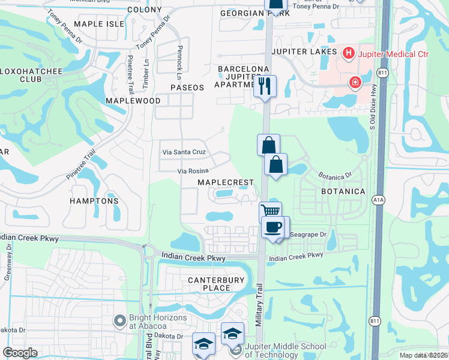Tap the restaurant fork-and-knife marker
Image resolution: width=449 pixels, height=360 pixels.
point(265,86)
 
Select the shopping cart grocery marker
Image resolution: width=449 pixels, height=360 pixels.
point(271,212)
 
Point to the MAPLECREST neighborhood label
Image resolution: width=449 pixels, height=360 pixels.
point(227,182)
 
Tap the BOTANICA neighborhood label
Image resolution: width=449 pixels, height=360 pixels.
point(343,191)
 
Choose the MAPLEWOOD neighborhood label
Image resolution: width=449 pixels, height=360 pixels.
point(133,101)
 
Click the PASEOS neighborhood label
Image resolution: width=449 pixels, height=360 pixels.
point(187,88)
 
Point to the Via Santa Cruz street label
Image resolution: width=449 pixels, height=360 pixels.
point(184,152)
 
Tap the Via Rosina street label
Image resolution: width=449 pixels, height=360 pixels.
point(192,172)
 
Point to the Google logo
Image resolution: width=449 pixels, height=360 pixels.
point(20,353)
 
